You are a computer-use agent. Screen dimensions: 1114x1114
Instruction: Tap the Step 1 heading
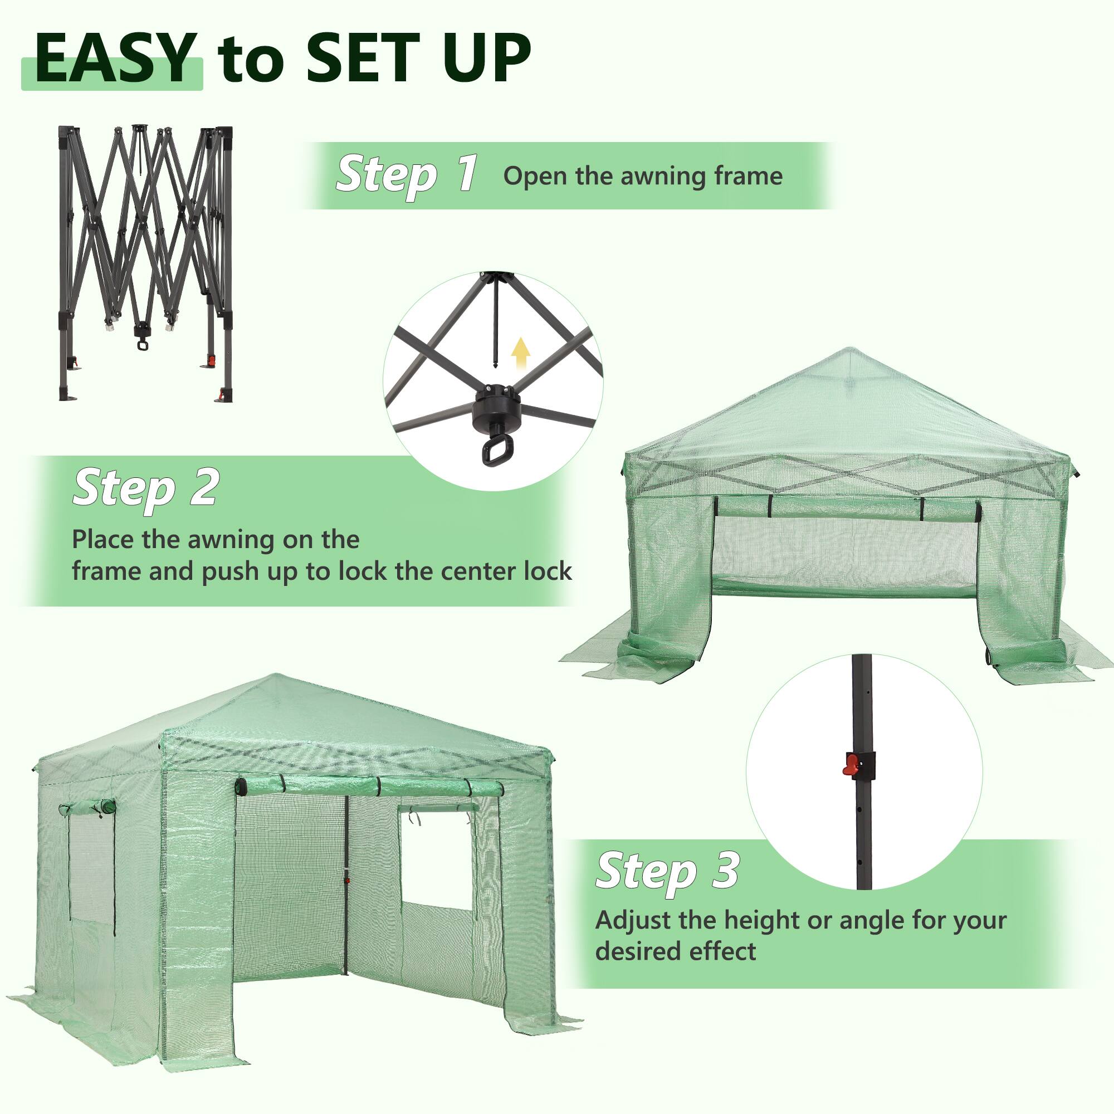pos(407,174)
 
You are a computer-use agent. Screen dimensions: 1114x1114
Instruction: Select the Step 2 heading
pos(145,488)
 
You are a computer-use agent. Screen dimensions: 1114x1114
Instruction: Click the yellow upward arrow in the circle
pos(521,353)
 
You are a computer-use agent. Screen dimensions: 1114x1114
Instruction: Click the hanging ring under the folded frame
pos(142,345)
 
